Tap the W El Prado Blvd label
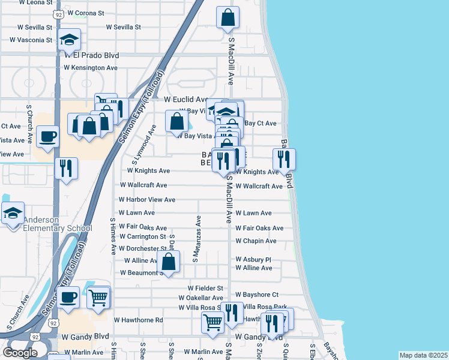pos(91,55)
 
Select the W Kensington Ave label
pos(94,68)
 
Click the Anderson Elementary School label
pos(47,223)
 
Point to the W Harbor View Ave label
pos(146,199)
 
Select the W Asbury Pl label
pos(253,259)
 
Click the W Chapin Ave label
pos(256,241)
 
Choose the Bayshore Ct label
pos(257,295)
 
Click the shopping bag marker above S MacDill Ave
pos(228,18)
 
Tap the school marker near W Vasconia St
pos(70,41)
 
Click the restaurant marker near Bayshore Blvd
pos(284,159)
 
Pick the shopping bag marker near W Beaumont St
pos(169,262)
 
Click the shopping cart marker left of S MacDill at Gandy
pos(213,322)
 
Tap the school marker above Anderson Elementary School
pos(13,214)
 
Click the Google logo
pos(20,353)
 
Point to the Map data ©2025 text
pos(423,355)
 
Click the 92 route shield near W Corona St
pos(58,13)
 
